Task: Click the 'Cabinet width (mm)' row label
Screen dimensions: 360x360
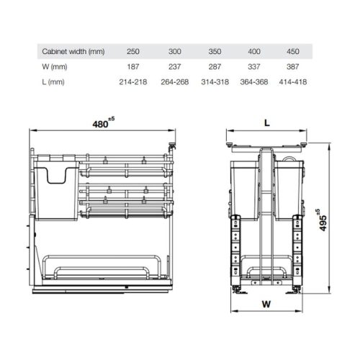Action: pyautogui.click(x=73, y=52)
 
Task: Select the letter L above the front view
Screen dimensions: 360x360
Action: pyautogui.click(x=266, y=123)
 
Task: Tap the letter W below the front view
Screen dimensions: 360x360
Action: pyautogui.click(x=267, y=303)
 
